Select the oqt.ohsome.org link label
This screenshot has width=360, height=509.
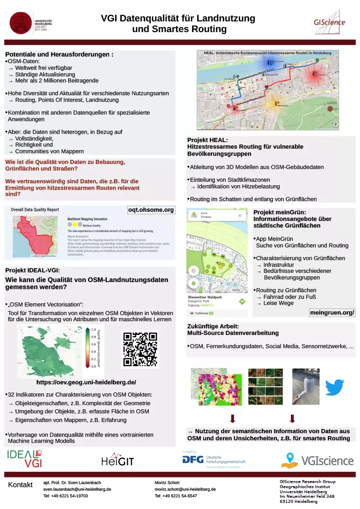tap(151, 210)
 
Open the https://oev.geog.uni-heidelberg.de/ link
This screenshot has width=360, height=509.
tap(86, 382)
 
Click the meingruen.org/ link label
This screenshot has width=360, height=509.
tap(332, 312)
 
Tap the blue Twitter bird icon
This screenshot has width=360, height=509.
tap(335, 386)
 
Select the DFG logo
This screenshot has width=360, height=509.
tap(193, 460)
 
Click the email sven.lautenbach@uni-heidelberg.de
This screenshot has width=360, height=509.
tap(77, 489)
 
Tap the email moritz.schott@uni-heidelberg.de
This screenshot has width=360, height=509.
tap(185, 489)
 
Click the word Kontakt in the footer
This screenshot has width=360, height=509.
tap(20, 485)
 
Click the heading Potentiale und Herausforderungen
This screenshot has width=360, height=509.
tap(59, 54)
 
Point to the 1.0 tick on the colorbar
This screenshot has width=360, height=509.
tap(93, 329)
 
